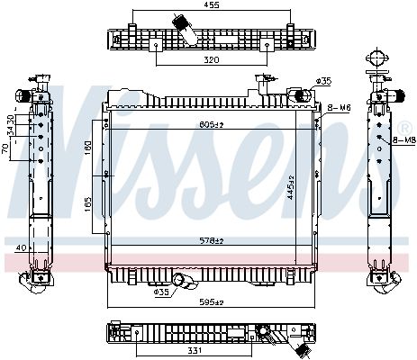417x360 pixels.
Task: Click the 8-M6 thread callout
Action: [339, 108]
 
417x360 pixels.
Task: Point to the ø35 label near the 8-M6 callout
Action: [325, 80]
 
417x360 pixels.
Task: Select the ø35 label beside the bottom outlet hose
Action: [161, 292]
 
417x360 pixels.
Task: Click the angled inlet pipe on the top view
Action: [188, 28]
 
